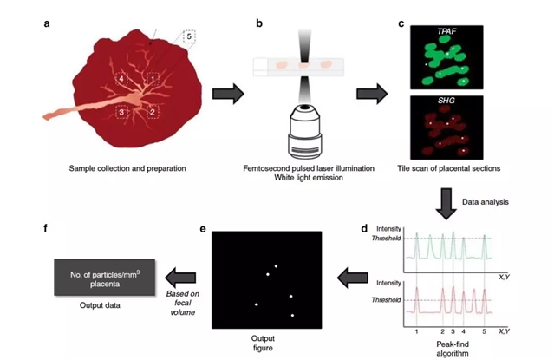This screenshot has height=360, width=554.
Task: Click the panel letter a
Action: [46, 23]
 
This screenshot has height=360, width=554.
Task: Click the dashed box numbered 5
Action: [190, 36]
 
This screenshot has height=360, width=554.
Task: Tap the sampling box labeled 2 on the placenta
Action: [153, 110]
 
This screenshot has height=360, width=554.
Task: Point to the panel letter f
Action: [45, 230]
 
